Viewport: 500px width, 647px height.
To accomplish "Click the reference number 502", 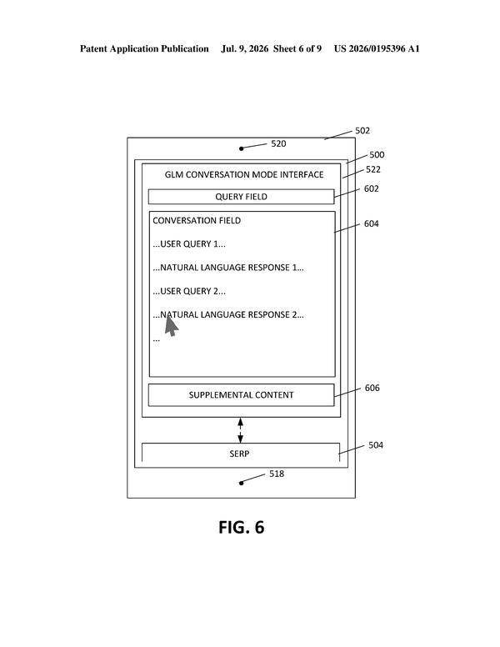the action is [x=362, y=131].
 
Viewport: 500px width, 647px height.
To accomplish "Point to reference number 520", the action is [x=278, y=143].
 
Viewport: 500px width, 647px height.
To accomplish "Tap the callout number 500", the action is [x=377, y=155].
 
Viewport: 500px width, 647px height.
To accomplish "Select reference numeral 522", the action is [x=373, y=169].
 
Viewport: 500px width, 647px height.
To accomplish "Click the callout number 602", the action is [x=372, y=188].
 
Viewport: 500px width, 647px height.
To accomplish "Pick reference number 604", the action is [x=372, y=223].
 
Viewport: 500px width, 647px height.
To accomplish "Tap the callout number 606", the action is [x=372, y=388].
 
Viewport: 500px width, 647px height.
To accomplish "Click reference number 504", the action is [x=376, y=445].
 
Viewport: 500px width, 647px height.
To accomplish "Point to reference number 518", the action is [x=277, y=474].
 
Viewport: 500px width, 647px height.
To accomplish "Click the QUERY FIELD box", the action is [x=242, y=197].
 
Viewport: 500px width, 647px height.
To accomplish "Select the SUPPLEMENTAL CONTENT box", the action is [x=242, y=395].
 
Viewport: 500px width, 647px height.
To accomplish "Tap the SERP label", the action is [x=239, y=454].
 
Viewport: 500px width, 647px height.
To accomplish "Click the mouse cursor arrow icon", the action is [x=171, y=325].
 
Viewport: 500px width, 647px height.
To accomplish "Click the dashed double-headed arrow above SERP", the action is [x=241, y=430].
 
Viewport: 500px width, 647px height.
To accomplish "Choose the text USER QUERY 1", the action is [x=189, y=243].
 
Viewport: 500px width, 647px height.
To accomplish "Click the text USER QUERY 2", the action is [x=189, y=291].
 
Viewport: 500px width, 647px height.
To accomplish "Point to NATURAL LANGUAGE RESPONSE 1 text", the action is [x=228, y=268].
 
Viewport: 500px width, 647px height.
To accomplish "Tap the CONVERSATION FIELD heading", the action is [x=197, y=220].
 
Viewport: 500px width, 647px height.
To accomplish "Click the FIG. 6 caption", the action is [x=242, y=527].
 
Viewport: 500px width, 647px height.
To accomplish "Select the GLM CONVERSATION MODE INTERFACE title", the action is [x=244, y=174].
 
